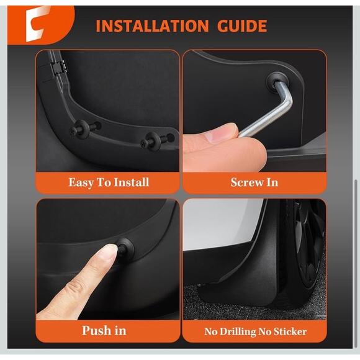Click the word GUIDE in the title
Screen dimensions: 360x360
(x=238, y=26)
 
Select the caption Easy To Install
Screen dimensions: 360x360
(x=109, y=182)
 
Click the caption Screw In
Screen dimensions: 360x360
(x=254, y=182)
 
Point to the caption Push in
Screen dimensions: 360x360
(x=108, y=330)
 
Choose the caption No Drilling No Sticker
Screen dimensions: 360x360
(x=254, y=331)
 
